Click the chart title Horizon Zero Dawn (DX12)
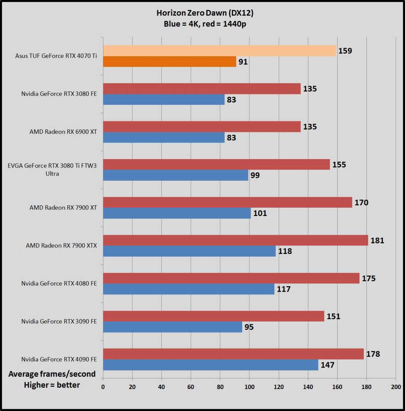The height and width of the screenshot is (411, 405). pos(205,13)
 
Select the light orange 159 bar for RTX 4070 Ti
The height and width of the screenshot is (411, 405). pos(219,51)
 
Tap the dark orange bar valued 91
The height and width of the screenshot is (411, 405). pos(169,62)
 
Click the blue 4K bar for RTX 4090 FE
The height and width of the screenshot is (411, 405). pos(210,365)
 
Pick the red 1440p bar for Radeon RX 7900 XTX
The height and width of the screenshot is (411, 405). pos(235,240)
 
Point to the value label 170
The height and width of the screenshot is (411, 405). pos(361,203)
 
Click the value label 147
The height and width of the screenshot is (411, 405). pos(327,365)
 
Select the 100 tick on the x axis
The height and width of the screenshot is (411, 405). pos(249,387)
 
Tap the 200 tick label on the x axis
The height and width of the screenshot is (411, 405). pos(396,387)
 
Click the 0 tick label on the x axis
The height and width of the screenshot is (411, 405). pos(103,387)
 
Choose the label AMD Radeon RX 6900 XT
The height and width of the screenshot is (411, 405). pos(63,132)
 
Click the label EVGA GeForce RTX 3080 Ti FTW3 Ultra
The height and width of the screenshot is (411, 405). pos(52,169)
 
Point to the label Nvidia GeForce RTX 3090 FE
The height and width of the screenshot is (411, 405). pos(59,321)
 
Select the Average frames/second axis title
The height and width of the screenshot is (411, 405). pos(52,374)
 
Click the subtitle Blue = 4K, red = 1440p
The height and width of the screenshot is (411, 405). pos(205,24)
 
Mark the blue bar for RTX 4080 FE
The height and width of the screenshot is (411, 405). pos(188,289)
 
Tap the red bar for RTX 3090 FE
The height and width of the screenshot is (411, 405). pos(213,316)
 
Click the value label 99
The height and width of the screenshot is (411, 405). pos(255,175)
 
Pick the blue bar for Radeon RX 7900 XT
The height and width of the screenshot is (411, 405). pos(177,213)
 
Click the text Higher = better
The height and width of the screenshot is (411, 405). pos(52,385)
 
